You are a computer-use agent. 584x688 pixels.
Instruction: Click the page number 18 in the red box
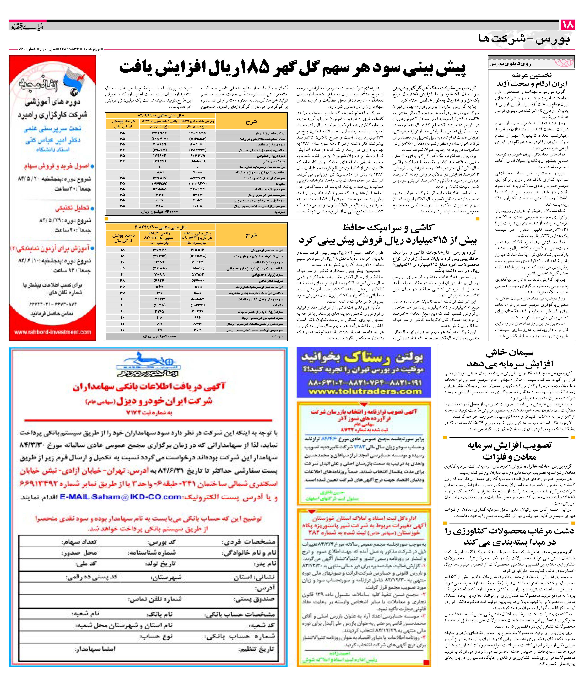click(x=568, y=25)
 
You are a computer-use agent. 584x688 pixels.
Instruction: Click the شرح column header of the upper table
click(x=251, y=122)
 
